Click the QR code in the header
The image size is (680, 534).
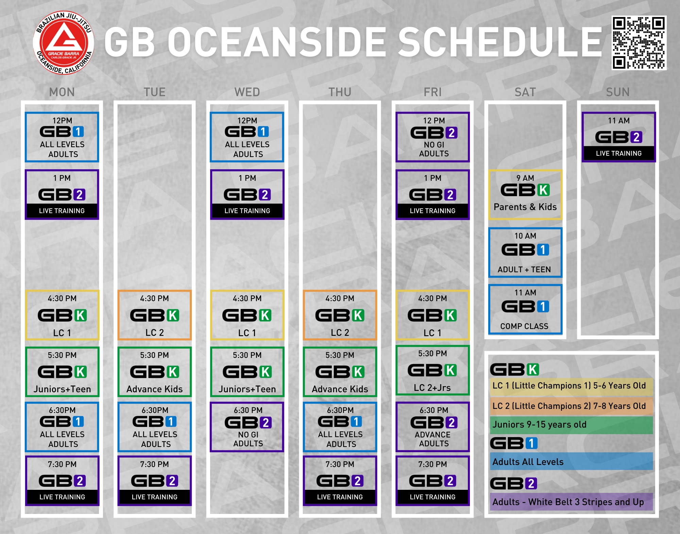coord(639,43)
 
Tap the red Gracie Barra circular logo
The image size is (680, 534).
coord(64,43)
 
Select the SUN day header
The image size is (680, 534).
coord(618,92)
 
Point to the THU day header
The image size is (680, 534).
coord(340,92)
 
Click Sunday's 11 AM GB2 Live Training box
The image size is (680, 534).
coord(618,137)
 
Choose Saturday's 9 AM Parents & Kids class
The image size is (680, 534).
coord(525,194)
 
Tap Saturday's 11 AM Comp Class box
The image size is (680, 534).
coord(525,309)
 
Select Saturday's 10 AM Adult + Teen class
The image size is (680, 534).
coord(525,252)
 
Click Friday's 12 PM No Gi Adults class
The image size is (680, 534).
coord(432,137)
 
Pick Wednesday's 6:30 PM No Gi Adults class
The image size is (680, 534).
coord(247,427)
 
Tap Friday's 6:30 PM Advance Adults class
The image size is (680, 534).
coord(432,427)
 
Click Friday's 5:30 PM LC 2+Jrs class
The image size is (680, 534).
coord(432,370)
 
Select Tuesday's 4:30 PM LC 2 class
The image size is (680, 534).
coord(154,315)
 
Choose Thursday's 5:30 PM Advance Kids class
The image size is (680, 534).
coord(340,372)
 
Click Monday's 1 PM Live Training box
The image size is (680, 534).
coord(62,194)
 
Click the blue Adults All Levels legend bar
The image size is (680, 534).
coord(571,461)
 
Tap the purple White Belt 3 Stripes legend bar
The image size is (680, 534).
coord(571,502)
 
